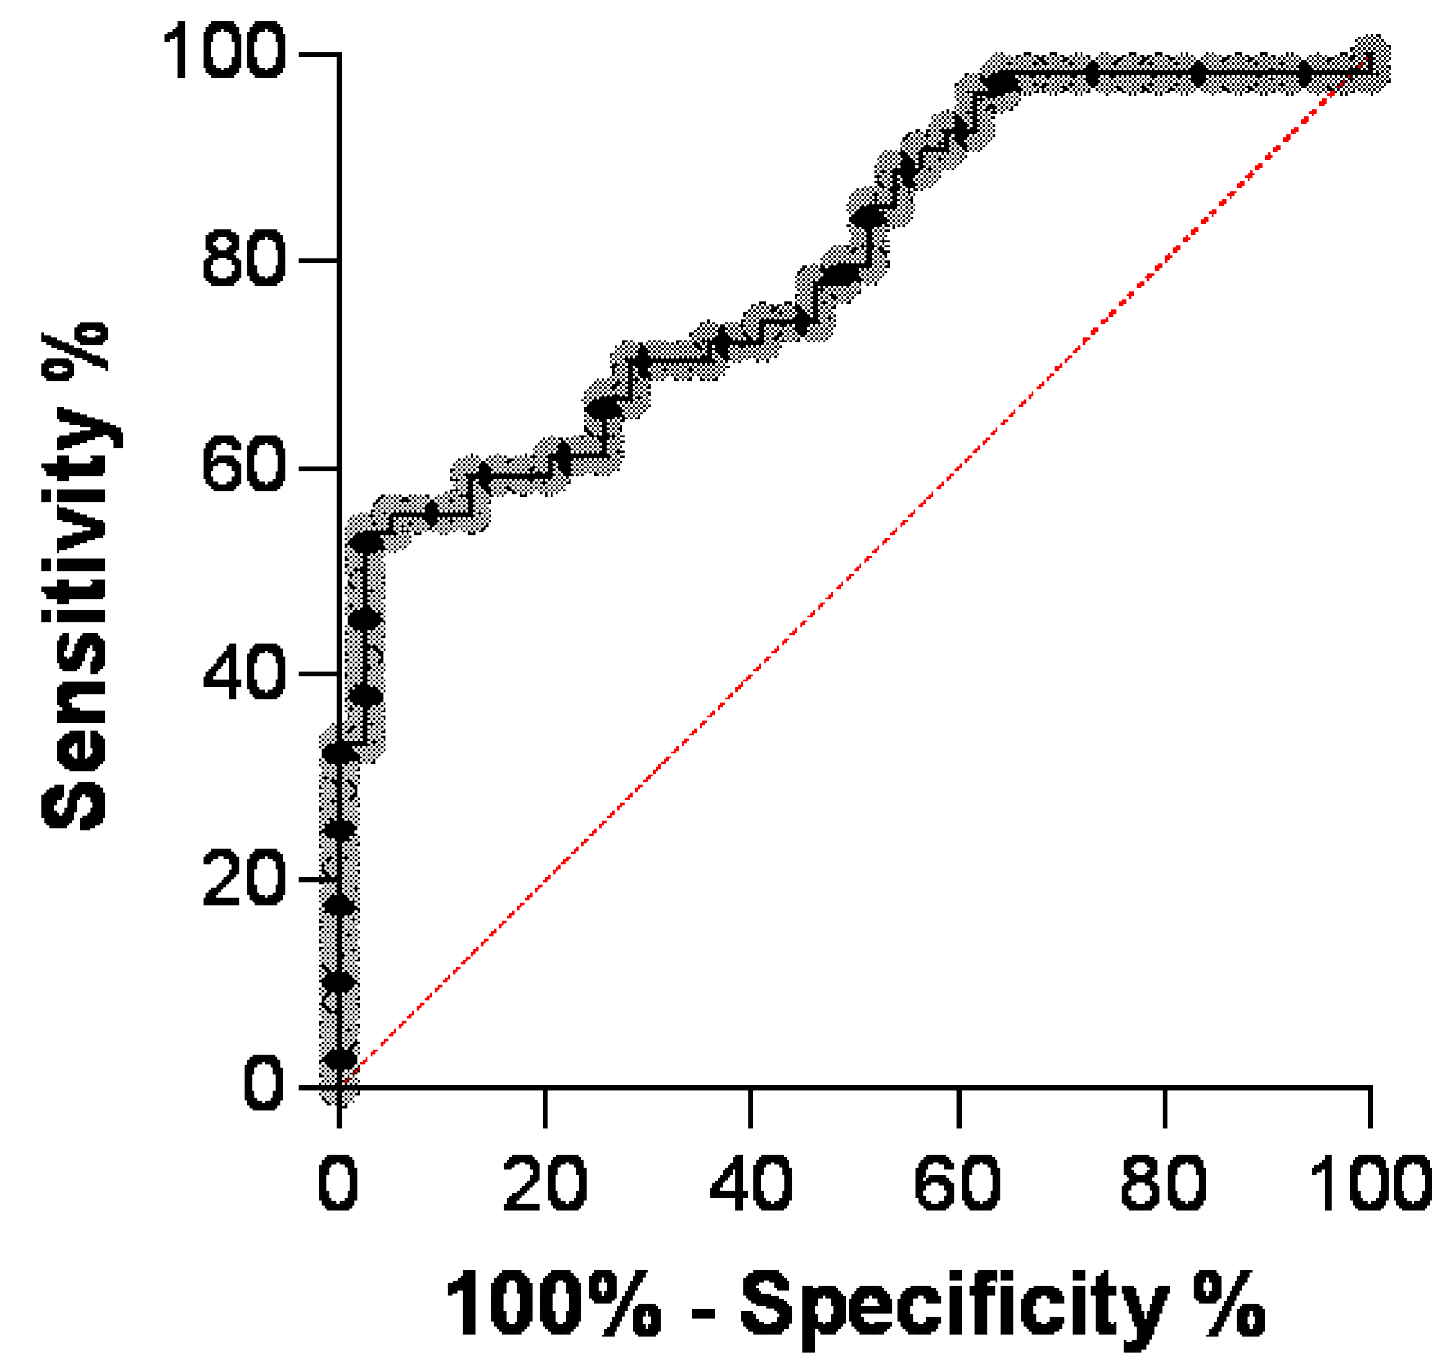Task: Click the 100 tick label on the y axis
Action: click(x=223, y=53)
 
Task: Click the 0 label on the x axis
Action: click(x=339, y=1185)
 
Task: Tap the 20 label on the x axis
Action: click(x=545, y=1185)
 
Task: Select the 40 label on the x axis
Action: click(x=751, y=1185)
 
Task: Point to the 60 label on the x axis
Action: click(x=958, y=1185)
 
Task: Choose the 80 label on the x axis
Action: click(x=1164, y=1185)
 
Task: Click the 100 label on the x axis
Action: click(x=1371, y=1185)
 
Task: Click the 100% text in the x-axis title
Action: click(x=553, y=1305)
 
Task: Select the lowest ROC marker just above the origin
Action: click(x=340, y=1060)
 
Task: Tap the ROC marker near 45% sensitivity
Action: click(x=366, y=619)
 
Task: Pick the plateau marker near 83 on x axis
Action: click(x=1198, y=74)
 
